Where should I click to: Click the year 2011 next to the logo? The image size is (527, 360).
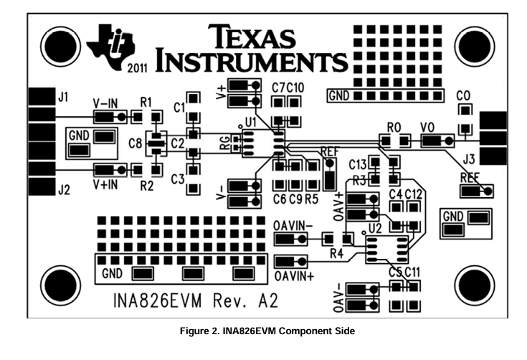coord(138,68)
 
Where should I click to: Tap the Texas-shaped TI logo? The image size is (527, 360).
coord(110,47)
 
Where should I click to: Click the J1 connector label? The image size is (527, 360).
coord(63,97)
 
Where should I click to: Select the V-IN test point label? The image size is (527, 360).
coord(105,103)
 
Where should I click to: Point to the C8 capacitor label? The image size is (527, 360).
coord(136,143)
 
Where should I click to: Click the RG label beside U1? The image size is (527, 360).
coord(225,143)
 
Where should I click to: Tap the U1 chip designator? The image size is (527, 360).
coord(251,123)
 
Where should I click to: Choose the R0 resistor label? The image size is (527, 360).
coord(394,128)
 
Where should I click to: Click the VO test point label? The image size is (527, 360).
coord(427,128)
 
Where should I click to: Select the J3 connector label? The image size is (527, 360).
coord(469,159)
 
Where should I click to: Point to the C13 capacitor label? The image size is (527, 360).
coord(358,165)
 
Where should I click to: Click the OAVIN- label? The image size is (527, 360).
coord(293,226)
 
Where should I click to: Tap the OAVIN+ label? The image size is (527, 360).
coord(295,276)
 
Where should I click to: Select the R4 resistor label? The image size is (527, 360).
coord(336,253)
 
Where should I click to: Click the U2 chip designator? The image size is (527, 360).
coord(375,229)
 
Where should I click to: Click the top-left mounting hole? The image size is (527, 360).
coord(60,46)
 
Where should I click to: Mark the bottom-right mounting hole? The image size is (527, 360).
coord(475,285)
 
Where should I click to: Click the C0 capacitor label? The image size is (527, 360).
coord(463,96)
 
